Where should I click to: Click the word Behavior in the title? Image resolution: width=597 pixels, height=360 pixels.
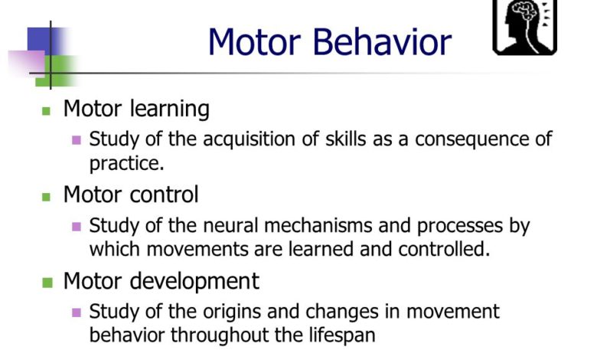(382, 41)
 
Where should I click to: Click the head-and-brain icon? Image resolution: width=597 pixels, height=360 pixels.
(524, 27)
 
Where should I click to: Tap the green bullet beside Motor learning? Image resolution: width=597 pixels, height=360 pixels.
(46, 111)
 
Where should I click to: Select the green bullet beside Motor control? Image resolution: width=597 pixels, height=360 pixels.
(46, 197)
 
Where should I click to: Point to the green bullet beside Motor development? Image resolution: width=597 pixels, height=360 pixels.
(47, 283)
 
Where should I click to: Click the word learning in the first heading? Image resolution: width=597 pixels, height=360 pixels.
(170, 110)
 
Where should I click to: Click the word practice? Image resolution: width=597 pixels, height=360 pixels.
(126, 163)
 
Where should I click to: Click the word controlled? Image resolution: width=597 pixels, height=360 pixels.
(444, 249)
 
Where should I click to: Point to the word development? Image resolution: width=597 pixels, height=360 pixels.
(194, 283)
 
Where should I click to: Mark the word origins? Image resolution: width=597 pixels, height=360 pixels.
(232, 313)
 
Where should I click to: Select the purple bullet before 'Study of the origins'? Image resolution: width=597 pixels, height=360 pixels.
(77, 313)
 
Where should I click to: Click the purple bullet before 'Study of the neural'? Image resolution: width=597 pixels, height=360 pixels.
(77, 227)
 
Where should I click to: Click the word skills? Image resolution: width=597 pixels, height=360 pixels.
(346, 139)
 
